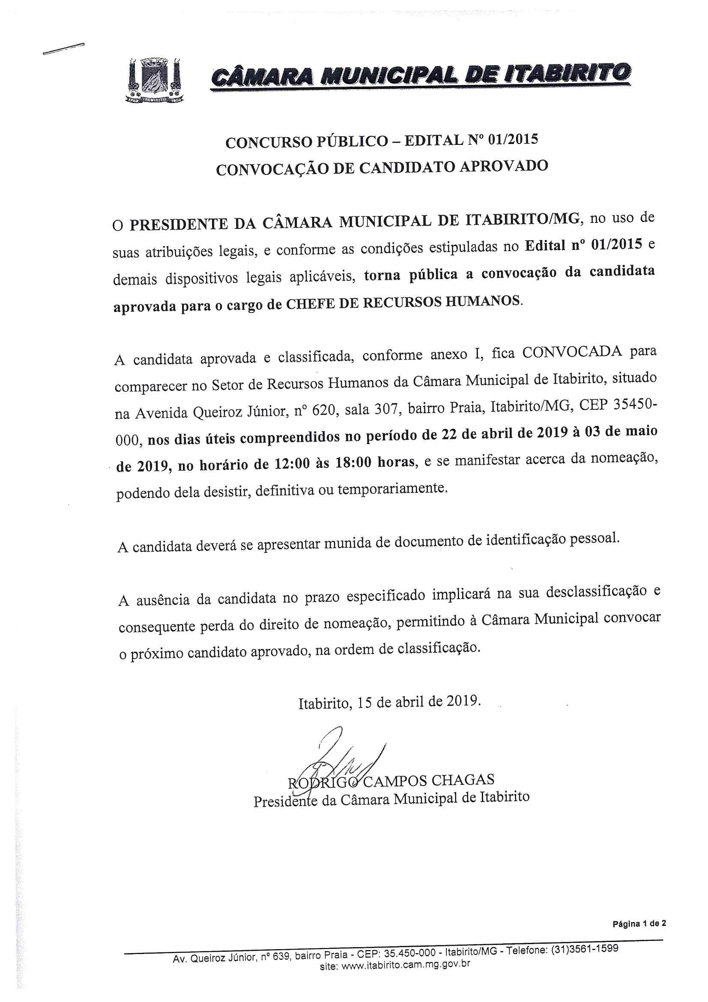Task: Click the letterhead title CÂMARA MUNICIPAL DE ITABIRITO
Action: click(x=420, y=76)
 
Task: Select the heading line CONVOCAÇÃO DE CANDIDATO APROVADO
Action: click(x=382, y=168)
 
